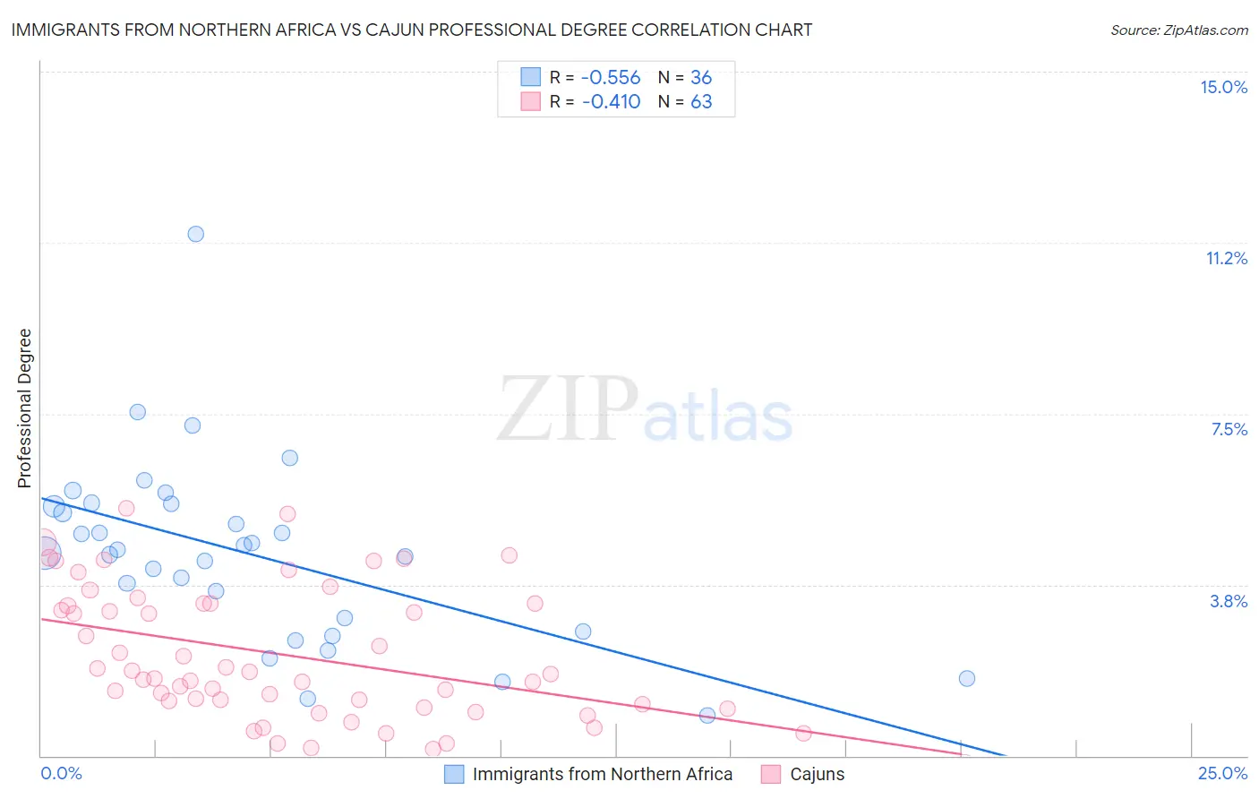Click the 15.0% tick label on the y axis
pos(1223,87)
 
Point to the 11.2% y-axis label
pos(1226,258)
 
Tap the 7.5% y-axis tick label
pos(1229,429)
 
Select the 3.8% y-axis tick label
pos(1229,601)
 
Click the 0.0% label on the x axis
pos(61,773)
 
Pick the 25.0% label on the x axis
pos(1222,773)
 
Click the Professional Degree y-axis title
pos(24,408)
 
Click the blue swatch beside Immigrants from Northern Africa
pos(455,775)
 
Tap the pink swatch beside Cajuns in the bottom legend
pos(771,775)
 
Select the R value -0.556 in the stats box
pos(611,78)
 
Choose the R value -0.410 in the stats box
pos(611,102)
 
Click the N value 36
pos(701,78)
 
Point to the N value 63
pos(701,102)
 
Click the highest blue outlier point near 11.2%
pos(195,234)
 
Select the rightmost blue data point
pos(966,678)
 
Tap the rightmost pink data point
pos(803,734)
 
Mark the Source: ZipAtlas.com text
pos(1178,30)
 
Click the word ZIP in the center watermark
pos(567,409)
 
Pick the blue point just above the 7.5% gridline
pos(137,412)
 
